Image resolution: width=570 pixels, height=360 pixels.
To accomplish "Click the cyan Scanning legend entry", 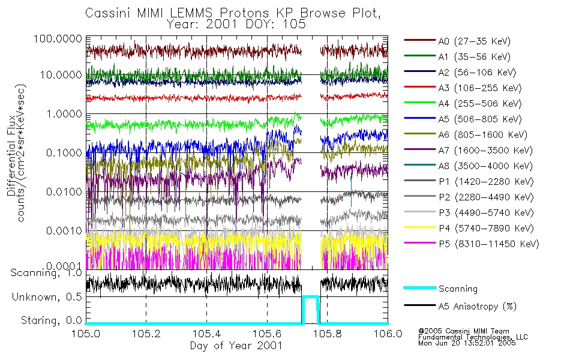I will [458, 289].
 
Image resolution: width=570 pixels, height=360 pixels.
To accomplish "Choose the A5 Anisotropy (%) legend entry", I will [477, 307].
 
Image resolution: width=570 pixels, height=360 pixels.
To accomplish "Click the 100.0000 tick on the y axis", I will [58, 38].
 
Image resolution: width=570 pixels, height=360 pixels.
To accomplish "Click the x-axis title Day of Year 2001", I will [236, 346].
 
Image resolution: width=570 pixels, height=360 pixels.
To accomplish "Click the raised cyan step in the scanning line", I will [310, 296].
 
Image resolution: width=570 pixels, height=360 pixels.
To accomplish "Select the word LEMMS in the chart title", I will [193, 13].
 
